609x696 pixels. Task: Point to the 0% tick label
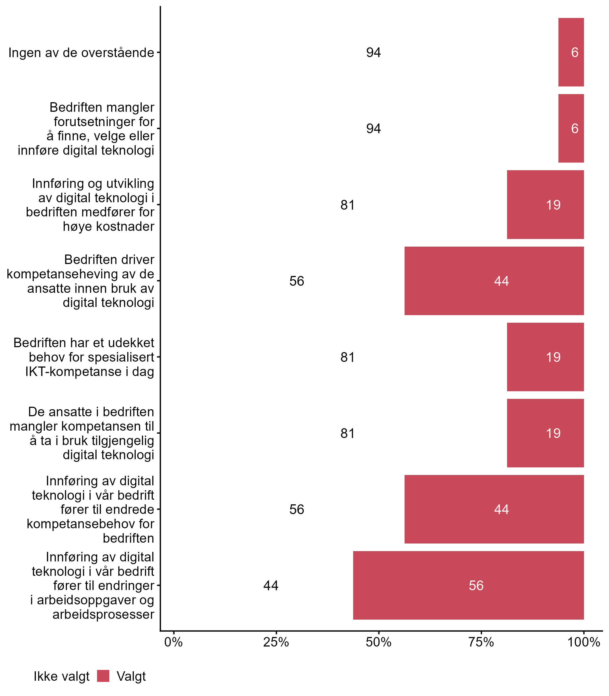(173, 642)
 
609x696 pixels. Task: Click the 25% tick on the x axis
(276, 642)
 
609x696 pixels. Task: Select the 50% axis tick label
(378, 642)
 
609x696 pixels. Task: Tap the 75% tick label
(481, 642)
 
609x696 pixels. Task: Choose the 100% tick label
(583, 642)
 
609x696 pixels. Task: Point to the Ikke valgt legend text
(61, 676)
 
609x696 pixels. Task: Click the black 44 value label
(271, 586)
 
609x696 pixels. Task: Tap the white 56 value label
(476, 586)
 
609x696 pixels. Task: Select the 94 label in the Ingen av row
(374, 52)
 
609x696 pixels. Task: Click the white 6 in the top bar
(574, 52)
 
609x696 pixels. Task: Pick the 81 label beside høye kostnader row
(348, 205)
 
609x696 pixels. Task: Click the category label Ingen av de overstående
(81, 53)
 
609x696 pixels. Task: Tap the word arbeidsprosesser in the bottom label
(103, 614)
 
